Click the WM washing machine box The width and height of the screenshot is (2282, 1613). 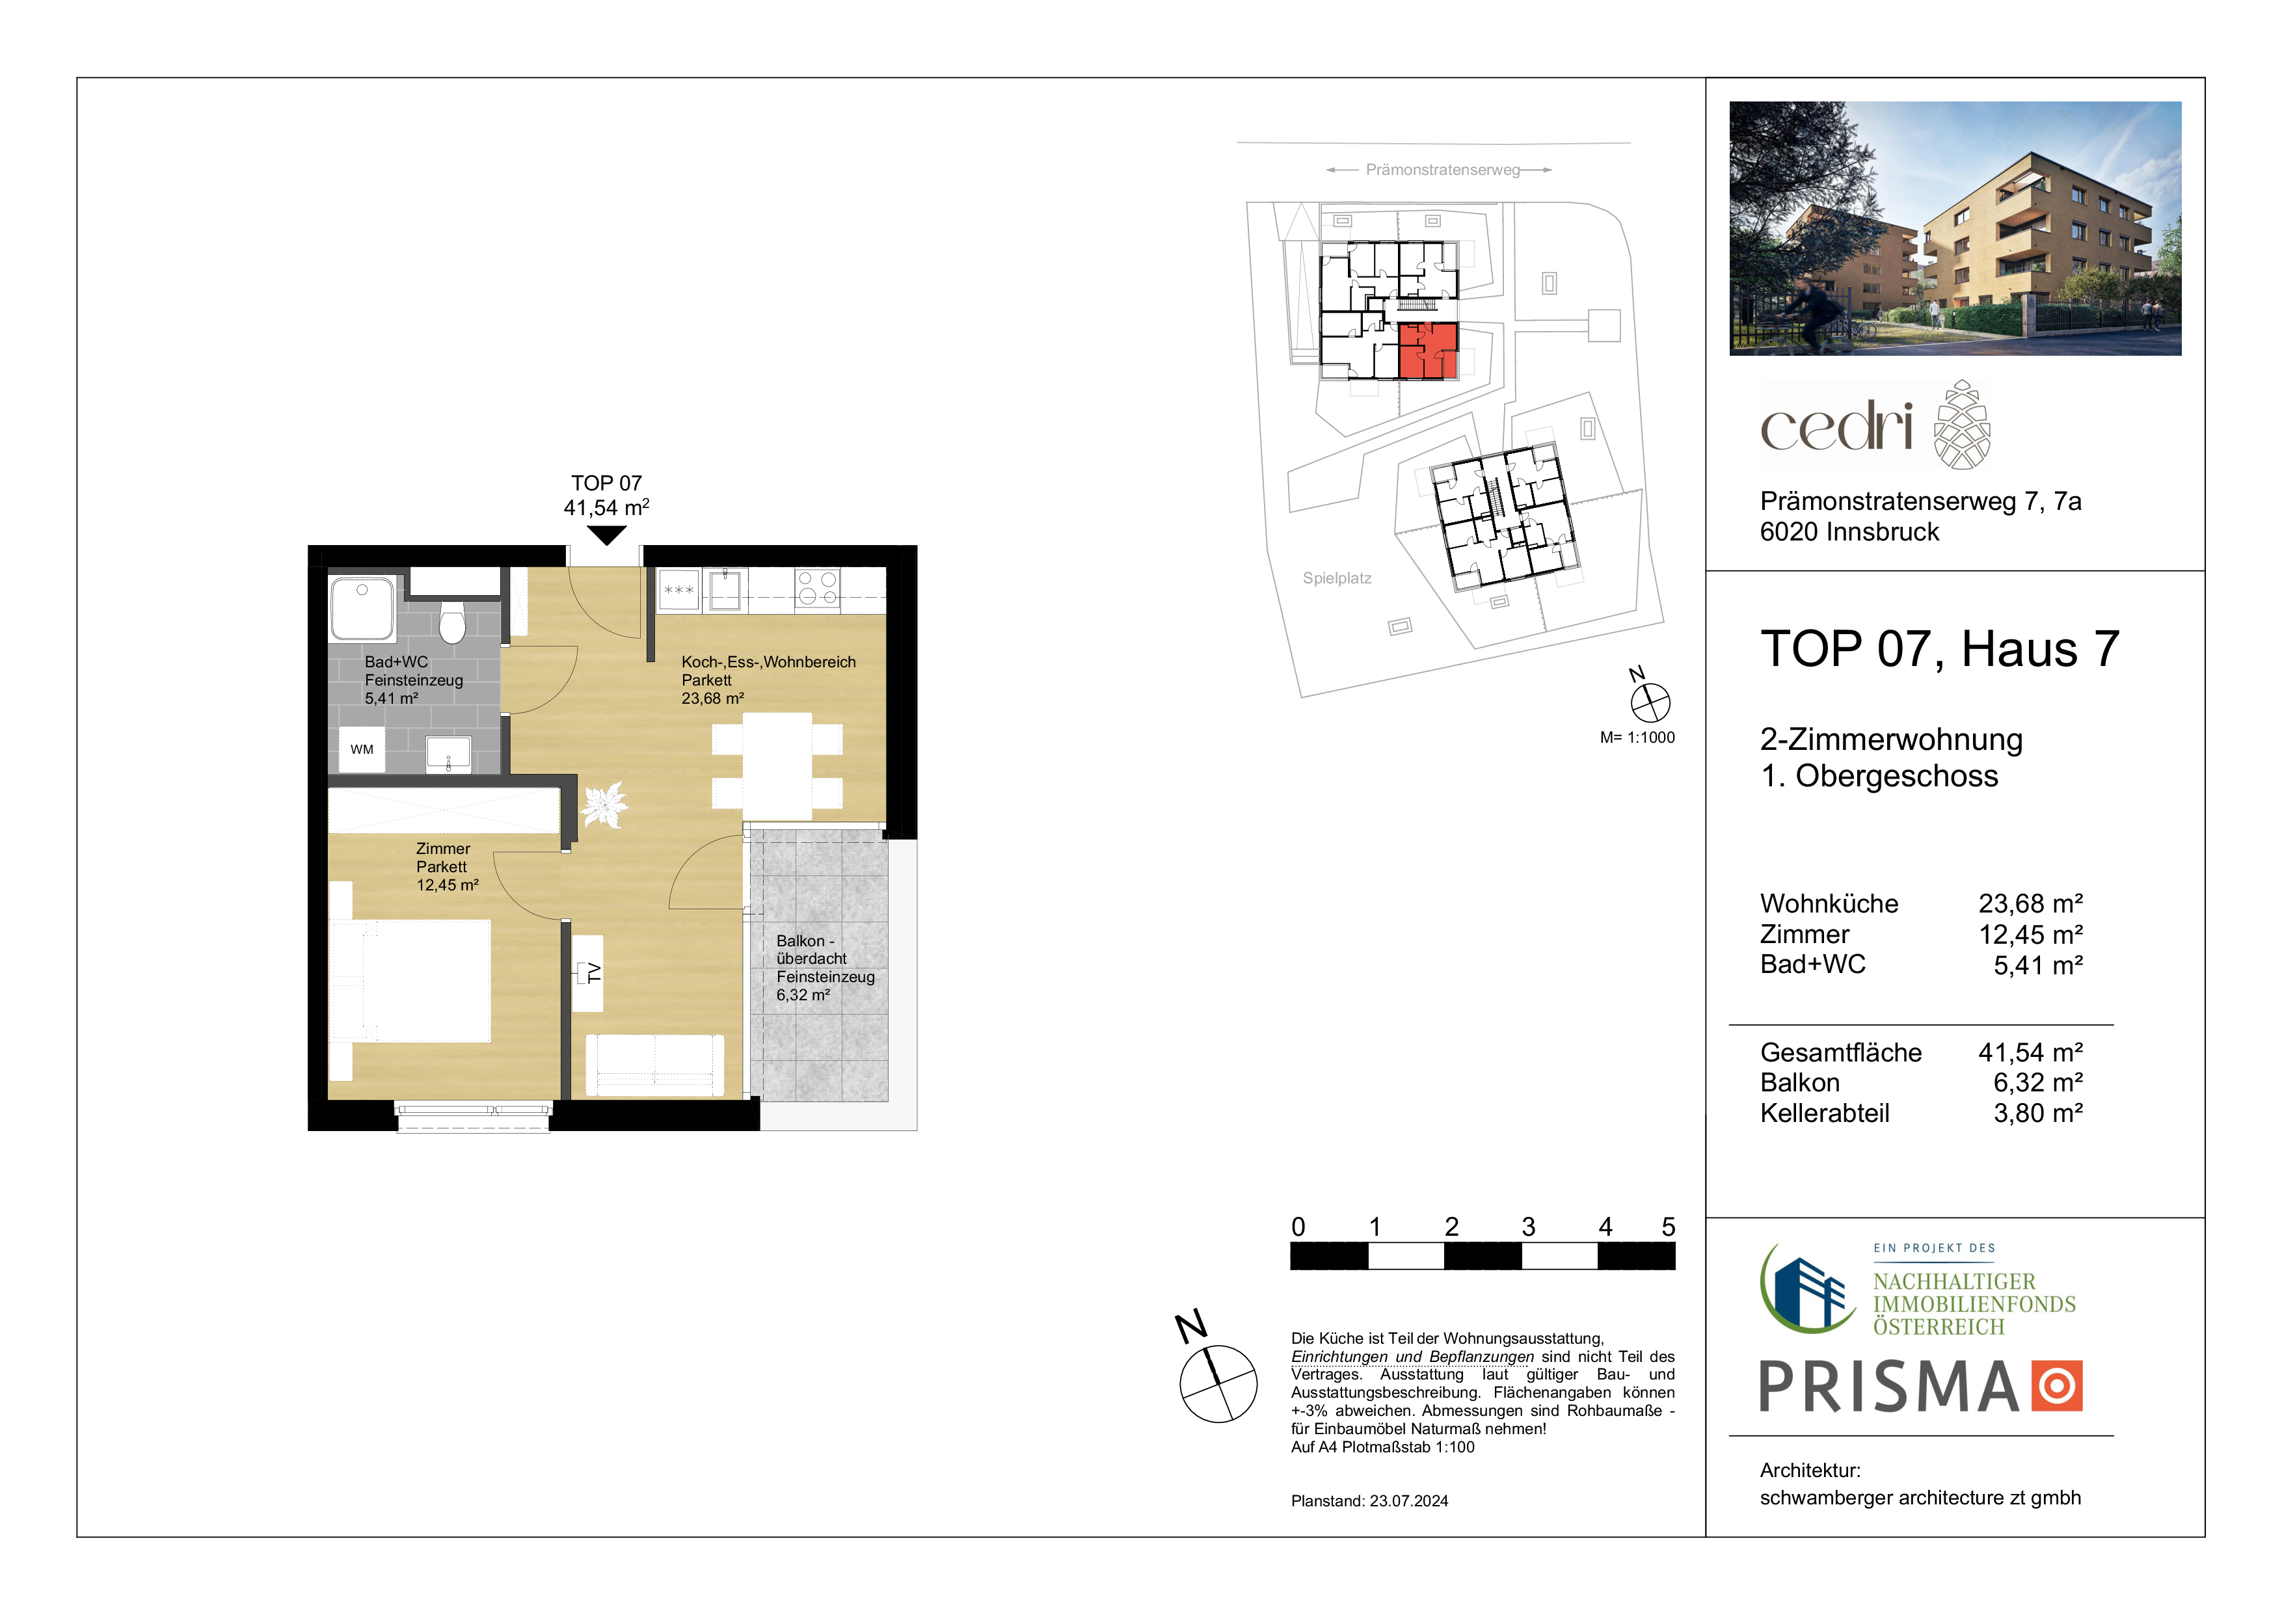[x=362, y=749]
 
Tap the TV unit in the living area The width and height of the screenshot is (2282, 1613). [x=587, y=973]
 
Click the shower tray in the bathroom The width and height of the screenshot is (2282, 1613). [x=363, y=607]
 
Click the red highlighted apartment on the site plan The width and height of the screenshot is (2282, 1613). [x=1429, y=350]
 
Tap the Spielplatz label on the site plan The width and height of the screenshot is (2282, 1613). [x=1337, y=578]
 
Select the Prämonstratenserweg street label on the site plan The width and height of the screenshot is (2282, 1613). [x=1442, y=170]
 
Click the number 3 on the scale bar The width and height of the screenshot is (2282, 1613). [x=1529, y=1227]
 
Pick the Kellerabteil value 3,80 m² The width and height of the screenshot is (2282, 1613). [x=2037, y=1113]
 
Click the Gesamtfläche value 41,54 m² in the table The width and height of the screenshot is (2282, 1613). [x=2030, y=1052]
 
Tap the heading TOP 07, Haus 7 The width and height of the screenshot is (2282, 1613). [x=1940, y=649]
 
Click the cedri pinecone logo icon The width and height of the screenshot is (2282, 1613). [x=1962, y=424]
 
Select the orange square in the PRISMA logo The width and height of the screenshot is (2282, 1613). [x=2056, y=1387]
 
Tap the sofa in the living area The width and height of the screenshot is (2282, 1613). [x=655, y=1065]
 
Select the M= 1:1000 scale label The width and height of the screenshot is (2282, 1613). [x=1637, y=738]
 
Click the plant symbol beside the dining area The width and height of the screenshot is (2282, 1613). [x=603, y=803]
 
